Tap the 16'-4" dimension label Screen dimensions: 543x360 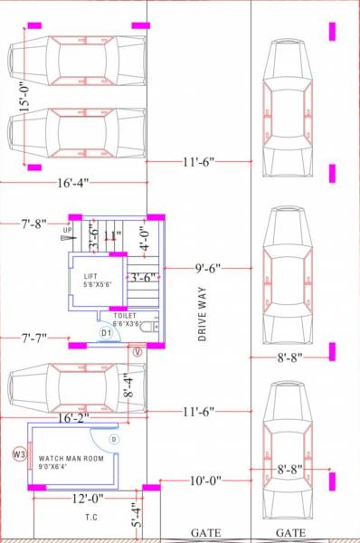coord(72,183)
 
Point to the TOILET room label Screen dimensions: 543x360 coord(126,316)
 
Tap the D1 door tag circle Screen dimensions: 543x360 coord(106,334)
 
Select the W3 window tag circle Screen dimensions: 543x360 coord(19,453)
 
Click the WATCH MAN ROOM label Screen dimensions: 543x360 coord(71,459)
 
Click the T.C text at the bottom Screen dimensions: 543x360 coord(91,519)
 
